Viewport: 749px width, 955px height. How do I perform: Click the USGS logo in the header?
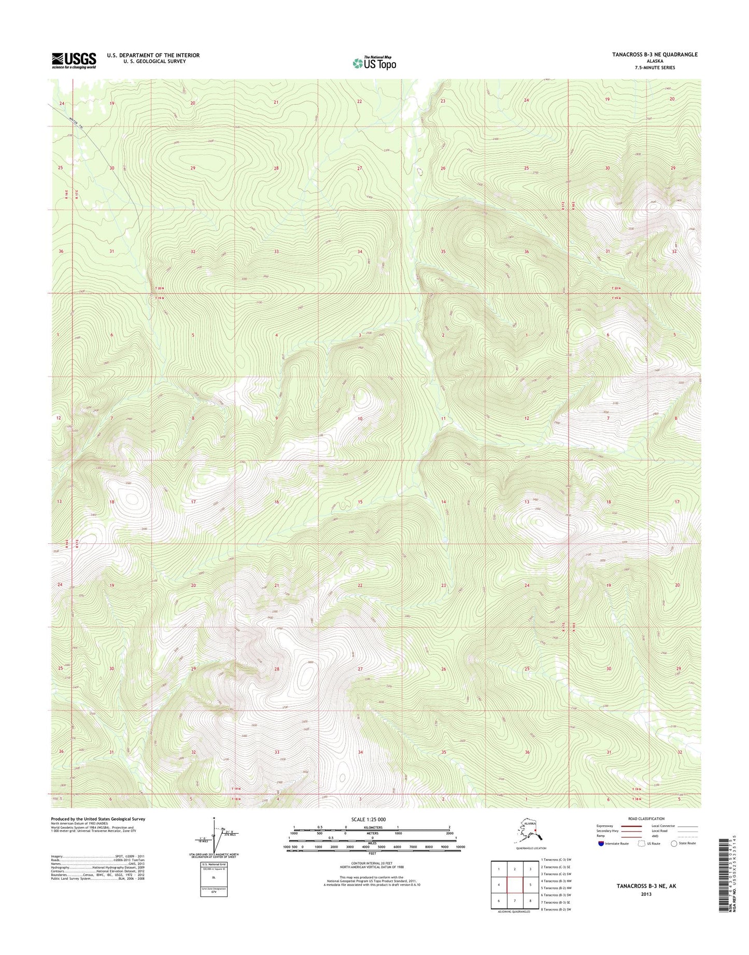74,60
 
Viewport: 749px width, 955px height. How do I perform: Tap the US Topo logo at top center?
374,63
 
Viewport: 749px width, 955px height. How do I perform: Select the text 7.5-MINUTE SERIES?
655,67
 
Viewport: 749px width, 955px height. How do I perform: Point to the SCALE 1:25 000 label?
372,820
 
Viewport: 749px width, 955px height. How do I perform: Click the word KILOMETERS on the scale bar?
372,827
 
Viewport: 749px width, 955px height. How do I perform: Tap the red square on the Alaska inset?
535,834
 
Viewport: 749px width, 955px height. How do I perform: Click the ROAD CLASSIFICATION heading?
645,819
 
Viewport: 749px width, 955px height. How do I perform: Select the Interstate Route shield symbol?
601,844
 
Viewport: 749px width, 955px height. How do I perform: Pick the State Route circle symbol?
674,844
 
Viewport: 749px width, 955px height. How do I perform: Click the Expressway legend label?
605,826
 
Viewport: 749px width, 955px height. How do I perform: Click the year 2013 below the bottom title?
646,894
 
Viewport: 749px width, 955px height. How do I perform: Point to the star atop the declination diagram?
214,819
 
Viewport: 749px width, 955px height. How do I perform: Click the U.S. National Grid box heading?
214,864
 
